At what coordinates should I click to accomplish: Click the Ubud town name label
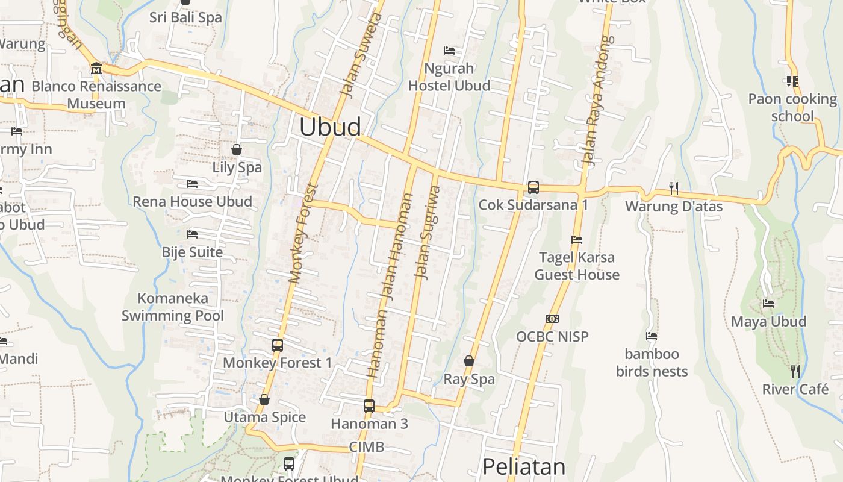click(x=330, y=127)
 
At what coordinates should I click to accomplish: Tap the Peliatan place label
click(x=524, y=467)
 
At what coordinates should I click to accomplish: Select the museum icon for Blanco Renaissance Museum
click(x=96, y=69)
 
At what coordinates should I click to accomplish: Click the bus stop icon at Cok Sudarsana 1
click(x=533, y=187)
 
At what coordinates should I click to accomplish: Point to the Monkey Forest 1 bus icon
click(x=277, y=345)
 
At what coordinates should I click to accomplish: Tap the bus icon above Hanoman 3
click(x=369, y=406)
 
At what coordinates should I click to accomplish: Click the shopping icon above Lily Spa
click(x=237, y=149)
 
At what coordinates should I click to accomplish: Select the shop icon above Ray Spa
click(x=469, y=361)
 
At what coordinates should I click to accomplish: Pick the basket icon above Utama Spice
click(x=264, y=399)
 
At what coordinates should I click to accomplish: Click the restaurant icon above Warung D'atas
click(x=673, y=189)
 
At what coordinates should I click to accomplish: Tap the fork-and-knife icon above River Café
click(x=795, y=371)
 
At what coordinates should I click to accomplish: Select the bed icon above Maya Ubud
click(x=768, y=304)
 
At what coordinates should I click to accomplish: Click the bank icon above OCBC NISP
click(x=552, y=319)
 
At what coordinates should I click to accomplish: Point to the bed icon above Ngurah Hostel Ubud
click(x=449, y=50)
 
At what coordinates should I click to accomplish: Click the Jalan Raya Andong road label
click(x=598, y=101)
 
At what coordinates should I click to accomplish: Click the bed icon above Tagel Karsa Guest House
click(x=576, y=240)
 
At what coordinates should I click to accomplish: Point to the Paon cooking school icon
click(x=792, y=81)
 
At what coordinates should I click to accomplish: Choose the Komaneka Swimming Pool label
click(x=173, y=307)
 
